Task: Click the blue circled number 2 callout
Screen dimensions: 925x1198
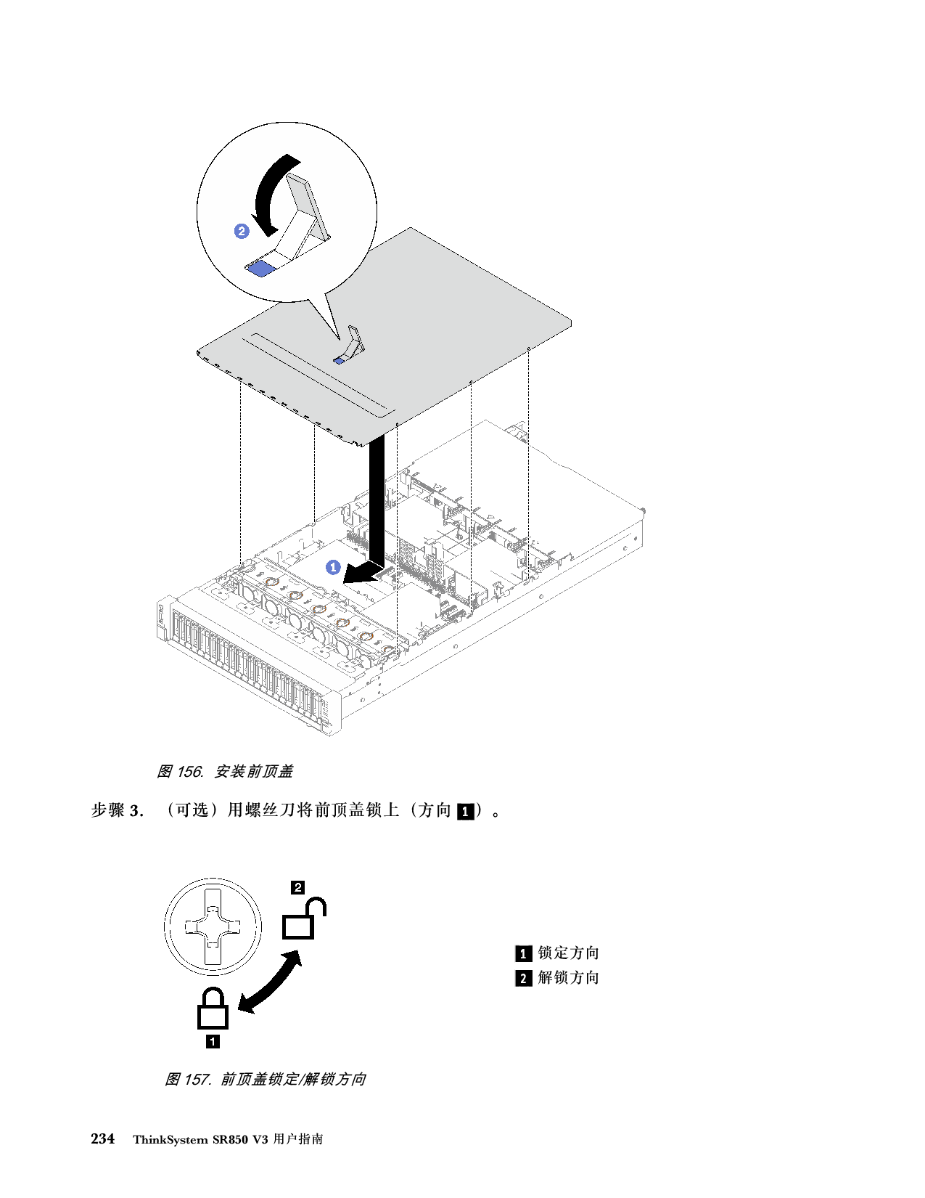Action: (x=242, y=231)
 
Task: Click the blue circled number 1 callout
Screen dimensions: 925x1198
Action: (x=333, y=567)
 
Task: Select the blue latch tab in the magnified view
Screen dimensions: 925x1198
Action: (x=260, y=269)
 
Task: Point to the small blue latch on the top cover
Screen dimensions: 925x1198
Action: (x=339, y=361)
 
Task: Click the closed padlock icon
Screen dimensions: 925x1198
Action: (x=213, y=1008)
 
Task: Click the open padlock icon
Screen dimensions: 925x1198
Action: (x=304, y=918)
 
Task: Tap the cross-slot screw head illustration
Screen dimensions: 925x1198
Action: (x=213, y=926)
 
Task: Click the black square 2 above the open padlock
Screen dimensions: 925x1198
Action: (x=297, y=887)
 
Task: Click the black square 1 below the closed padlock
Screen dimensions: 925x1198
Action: (x=213, y=1041)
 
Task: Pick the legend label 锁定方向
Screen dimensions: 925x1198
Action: (x=568, y=953)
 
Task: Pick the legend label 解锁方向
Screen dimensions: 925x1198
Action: (x=568, y=977)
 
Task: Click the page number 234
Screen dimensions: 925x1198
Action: (x=102, y=1138)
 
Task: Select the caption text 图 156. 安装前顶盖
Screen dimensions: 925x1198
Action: (x=225, y=771)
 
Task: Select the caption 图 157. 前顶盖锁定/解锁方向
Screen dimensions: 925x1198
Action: (x=266, y=1079)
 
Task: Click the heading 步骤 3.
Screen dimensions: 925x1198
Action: (x=118, y=810)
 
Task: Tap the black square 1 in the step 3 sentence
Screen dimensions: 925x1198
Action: (x=466, y=812)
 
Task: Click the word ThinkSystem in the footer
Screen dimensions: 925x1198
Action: (x=170, y=1140)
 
